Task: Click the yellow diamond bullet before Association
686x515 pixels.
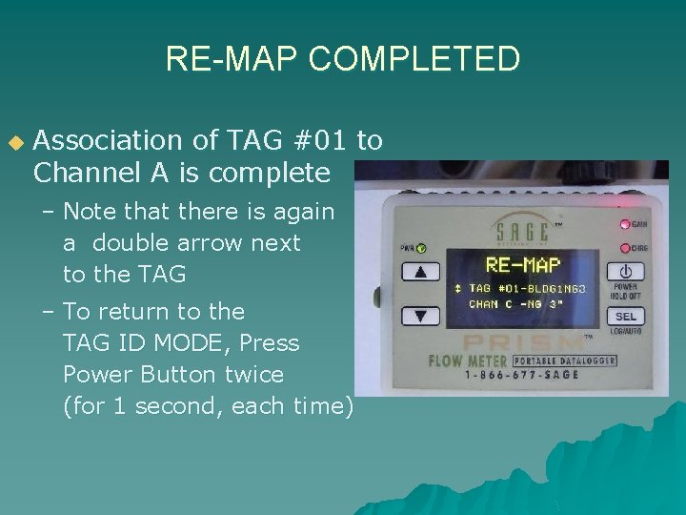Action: (x=14, y=143)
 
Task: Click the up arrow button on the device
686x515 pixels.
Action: (x=421, y=272)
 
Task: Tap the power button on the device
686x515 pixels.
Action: (x=625, y=271)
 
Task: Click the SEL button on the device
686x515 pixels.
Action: (x=625, y=317)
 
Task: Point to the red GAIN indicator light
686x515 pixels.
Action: (x=625, y=225)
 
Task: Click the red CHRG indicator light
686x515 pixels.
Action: (x=625, y=247)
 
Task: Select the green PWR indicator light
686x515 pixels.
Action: (x=420, y=248)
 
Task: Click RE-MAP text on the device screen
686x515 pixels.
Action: (x=522, y=264)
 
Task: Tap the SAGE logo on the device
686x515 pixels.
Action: (x=522, y=230)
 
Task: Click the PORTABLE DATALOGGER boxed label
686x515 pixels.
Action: (x=563, y=361)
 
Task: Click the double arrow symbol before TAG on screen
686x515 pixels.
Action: (x=458, y=287)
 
